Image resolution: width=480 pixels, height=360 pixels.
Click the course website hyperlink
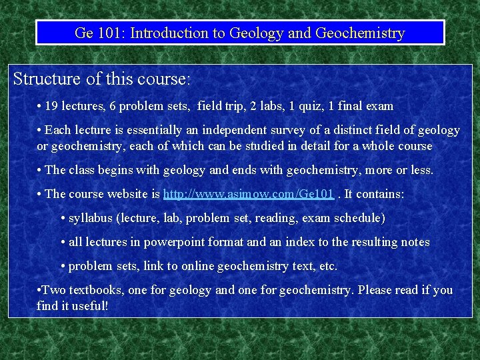click(x=248, y=194)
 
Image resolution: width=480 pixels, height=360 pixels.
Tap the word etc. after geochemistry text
click(x=326, y=266)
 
